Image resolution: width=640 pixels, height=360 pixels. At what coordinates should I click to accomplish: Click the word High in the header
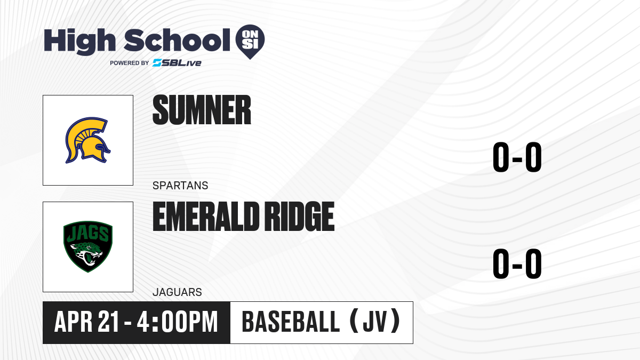click(x=79, y=42)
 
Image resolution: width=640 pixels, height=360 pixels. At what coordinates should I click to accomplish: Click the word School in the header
click(x=177, y=40)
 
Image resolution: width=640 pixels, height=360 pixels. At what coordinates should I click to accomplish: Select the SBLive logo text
click(x=177, y=62)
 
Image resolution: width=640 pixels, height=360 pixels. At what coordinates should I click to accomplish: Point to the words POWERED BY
click(x=130, y=63)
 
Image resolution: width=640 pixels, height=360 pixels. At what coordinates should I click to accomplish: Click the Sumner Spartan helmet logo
click(x=87, y=140)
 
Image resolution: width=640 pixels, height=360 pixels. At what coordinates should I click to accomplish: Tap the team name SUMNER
click(x=202, y=110)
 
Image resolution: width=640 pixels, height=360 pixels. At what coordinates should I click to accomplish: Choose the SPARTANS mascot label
click(x=180, y=186)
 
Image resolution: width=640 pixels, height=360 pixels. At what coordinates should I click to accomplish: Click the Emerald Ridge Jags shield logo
click(x=87, y=246)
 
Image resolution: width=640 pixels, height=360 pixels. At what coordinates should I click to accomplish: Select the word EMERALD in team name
click(x=206, y=217)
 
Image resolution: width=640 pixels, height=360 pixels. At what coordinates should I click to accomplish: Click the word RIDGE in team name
click(x=299, y=217)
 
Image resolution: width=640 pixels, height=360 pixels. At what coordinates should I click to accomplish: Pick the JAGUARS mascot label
click(x=177, y=292)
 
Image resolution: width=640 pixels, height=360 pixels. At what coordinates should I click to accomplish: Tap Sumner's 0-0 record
click(x=517, y=157)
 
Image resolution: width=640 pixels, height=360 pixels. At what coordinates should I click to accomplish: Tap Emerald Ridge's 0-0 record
click(x=517, y=263)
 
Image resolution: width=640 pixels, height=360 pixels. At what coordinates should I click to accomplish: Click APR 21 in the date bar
click(x=86, y=322)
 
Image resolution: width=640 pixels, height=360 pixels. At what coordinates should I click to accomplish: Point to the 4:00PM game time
click(x=177, y=322)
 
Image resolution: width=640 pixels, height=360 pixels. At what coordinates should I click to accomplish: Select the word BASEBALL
click(x=291, y=322)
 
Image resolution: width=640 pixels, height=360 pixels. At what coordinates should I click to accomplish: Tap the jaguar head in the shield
click(x=86, y=253)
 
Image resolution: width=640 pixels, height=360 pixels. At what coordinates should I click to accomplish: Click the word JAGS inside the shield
click(x=87, y=234)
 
